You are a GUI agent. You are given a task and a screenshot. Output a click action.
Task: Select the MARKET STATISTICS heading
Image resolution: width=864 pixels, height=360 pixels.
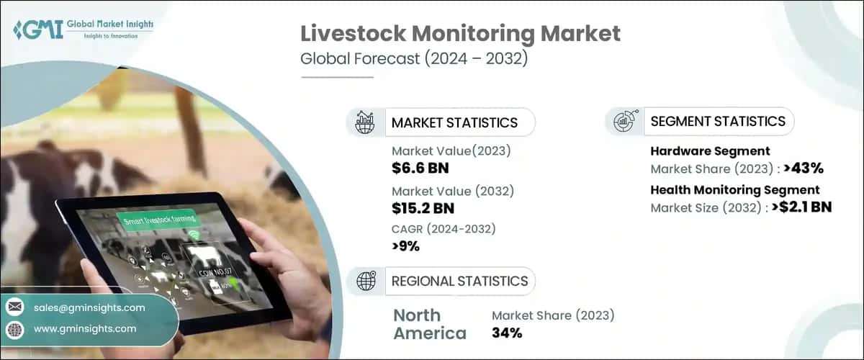[454, 122]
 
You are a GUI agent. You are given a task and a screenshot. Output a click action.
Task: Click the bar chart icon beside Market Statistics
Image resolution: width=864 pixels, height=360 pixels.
[364, 122]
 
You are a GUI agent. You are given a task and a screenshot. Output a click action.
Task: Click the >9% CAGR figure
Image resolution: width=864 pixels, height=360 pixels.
[405, 246]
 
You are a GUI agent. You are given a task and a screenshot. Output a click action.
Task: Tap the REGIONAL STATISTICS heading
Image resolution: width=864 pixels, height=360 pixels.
[459, 281]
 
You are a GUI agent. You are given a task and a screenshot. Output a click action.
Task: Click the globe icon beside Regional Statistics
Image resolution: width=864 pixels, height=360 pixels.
[364, 281]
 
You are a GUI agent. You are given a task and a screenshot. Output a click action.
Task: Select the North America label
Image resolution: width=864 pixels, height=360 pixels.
[430, 324]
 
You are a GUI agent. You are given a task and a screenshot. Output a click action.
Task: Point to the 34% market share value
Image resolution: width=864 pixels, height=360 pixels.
[507, 333]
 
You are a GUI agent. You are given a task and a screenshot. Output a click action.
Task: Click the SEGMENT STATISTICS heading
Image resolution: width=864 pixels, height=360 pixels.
[718, 122]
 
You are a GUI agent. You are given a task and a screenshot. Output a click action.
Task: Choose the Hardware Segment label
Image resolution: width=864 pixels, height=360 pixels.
[710, 151]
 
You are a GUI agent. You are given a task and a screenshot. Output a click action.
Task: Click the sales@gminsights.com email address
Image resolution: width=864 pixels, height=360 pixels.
[89, 307]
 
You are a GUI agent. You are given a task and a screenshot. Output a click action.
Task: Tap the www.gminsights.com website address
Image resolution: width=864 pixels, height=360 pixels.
[85, 329]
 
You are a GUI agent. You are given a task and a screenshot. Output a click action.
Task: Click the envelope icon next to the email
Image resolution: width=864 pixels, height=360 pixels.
[14, 307]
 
